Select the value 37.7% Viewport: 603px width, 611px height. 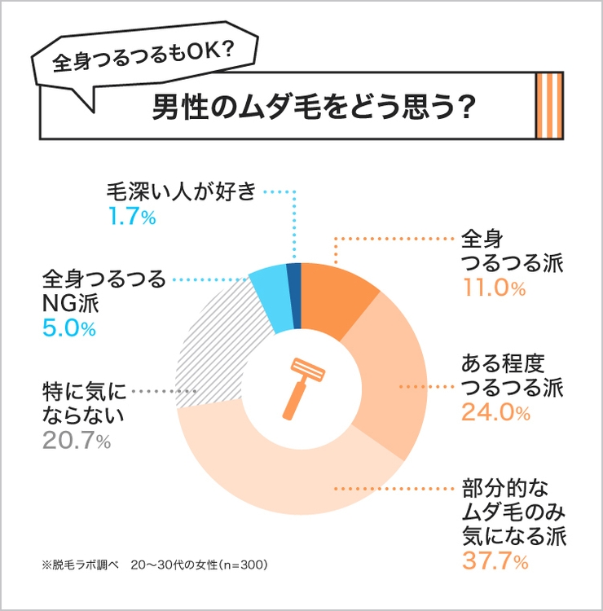tap(495, 561)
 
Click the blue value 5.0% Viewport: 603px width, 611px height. tap(68, 329)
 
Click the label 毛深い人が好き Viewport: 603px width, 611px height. tap(181, 193)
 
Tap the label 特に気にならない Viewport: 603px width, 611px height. tap(81, 402)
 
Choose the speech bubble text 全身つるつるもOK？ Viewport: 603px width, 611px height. tap(143, 61)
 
